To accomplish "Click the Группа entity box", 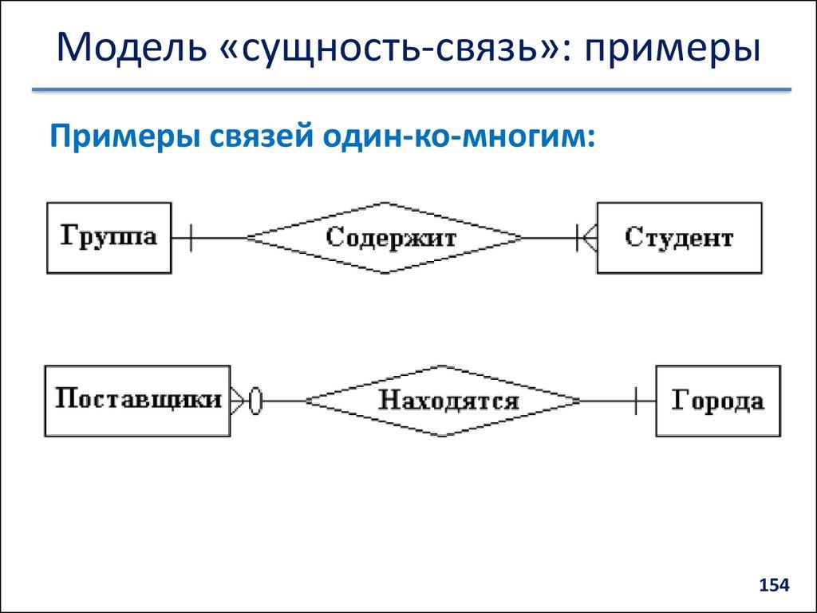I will click(x=109, y=237).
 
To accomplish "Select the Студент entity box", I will click(x=679, y=237).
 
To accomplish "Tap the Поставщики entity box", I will click(x=137, y=401).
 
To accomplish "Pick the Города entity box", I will click(x=717, y=401).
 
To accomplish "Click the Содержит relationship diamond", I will click(x=385, y=238).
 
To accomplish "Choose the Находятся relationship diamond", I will click(x=444, y=401).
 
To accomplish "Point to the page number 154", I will click(x=773, y=586).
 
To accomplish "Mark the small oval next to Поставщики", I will click(x=255, y=401).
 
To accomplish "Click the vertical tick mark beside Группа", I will click(x=190, y=237).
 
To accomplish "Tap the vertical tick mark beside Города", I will click(x=636, y=401).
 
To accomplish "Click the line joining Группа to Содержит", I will click(x=219, y=238).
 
